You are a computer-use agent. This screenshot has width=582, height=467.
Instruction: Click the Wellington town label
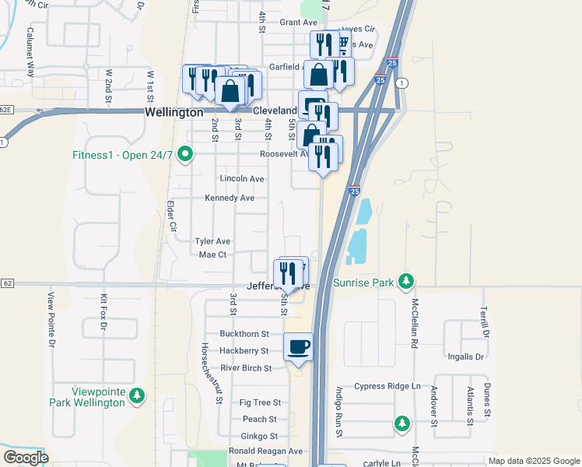click(x=174, y=113)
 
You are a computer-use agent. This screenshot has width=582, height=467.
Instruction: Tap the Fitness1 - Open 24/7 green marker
click(x=184, y=155)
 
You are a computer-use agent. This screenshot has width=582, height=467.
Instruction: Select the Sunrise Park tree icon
click(x=405, y=281)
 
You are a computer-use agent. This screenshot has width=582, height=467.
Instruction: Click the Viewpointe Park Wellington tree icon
click(x=137, y=396)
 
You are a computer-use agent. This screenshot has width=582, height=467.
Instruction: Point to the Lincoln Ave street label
click(x=242, y=179)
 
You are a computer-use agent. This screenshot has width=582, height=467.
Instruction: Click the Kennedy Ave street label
click(x=230, y=198)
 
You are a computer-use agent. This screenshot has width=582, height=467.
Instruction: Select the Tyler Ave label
click(x=213, y=241)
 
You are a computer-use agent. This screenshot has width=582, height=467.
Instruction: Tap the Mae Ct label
click(x=212, y=255)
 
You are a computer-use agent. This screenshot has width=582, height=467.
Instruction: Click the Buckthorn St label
click(x=244, y=333)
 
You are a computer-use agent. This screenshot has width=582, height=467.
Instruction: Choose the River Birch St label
click(x=246, y=368)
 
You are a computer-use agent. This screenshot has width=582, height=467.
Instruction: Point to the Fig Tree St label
click(x=260, y=402)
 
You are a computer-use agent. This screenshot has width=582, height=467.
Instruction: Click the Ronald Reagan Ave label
click(x=265, y=451)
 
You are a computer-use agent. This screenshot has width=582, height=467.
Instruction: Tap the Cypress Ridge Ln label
click(x=387, y=386)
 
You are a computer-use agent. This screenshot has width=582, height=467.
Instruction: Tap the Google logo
click(x=26, y=458)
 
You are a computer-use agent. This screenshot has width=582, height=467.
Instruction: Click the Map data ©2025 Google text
click(x=533, y=461)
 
